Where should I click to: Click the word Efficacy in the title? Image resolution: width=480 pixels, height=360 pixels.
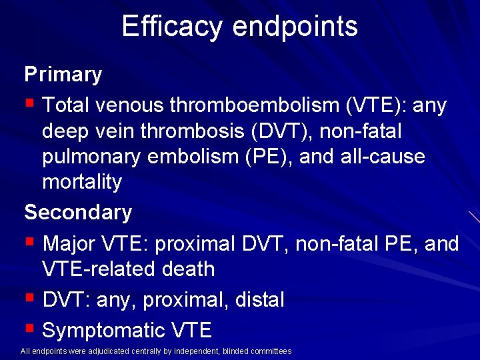click(x=172, y=27)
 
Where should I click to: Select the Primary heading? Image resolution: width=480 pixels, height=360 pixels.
click(x=63, y=75)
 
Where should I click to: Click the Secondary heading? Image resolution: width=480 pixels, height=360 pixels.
click(x=78, y=213)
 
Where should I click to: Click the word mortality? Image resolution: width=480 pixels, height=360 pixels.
click(x=82, y=182)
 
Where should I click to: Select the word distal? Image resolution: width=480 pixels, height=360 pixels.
click(x=259, y=300)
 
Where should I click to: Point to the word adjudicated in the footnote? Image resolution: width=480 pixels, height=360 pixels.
click(x=109, y=351)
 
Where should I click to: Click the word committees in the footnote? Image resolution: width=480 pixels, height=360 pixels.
click(x=270, y=351)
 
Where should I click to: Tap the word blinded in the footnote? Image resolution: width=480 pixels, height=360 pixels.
click(x=234, y=351)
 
